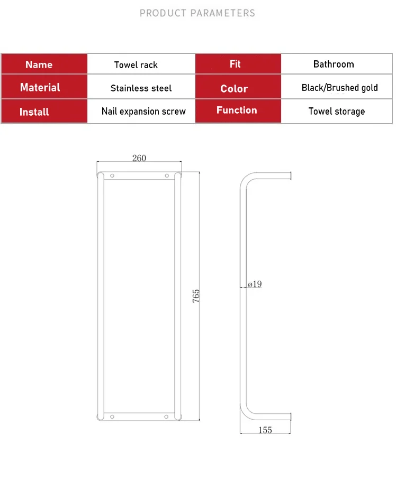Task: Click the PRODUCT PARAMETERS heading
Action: [x=197, y=13]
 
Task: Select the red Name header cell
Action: [x=44, y=64]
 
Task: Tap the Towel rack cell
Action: [x=141, y=64]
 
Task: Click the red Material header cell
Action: [x=44, y=87]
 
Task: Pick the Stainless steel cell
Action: [x=141, y=87]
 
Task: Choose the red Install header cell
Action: [x=44, y=111]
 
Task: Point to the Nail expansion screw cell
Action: [x=141, y=111]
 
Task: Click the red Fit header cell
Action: [x=238, y=64]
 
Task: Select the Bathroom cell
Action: [x=336, y=64]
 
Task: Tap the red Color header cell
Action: [x=238, y=87]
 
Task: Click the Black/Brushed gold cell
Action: [x=336, y=87]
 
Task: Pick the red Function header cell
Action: [x=238, y=111]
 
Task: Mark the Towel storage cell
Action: [x=336, y=111]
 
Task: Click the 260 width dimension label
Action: [x=139, y=158]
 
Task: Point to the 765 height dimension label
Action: [x=196, y=295]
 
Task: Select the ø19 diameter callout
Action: [x=255, y=284]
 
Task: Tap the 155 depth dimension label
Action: [x=265, y=430]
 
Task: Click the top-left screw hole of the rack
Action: [x=112, y=176]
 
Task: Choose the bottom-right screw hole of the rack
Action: [x=166, y=417]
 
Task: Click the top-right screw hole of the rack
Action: [x=167, y=176]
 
